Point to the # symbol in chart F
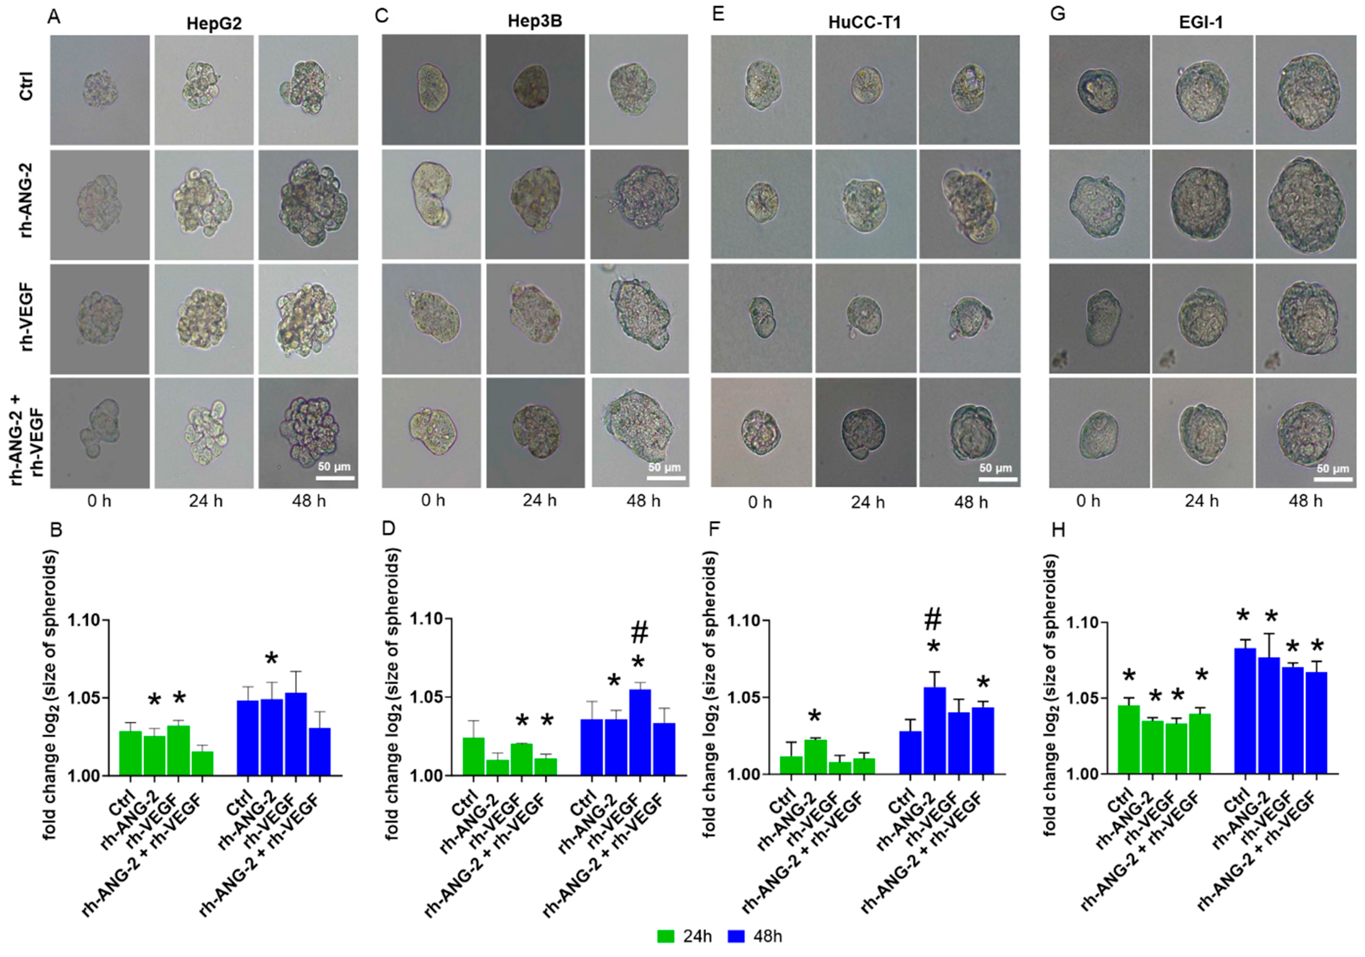933,621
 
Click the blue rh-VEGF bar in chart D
640,732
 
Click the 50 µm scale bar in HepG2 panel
335,477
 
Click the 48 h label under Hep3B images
643,500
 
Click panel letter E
718,14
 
